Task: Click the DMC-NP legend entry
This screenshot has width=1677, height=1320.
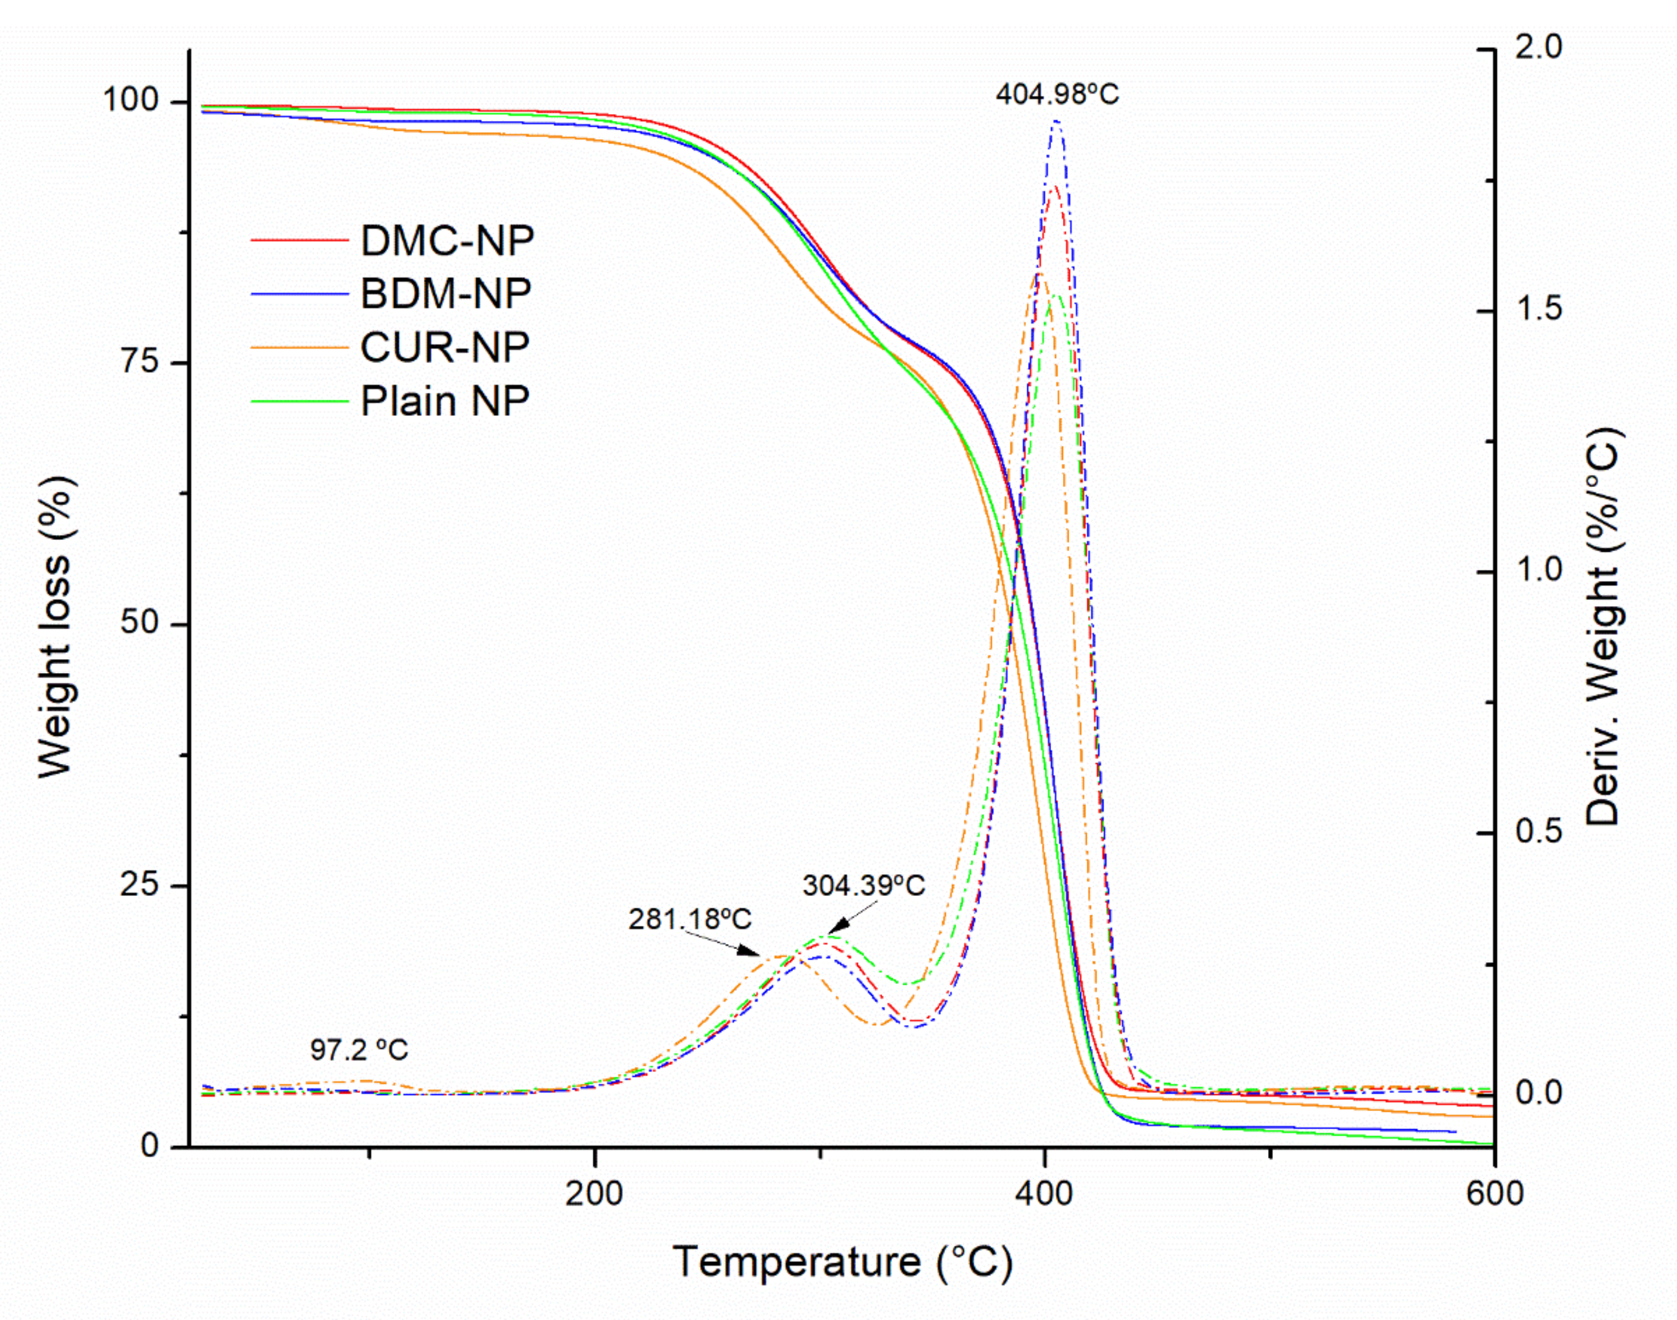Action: click(x=447, y=241)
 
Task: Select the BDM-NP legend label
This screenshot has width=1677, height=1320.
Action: click(x=445, y=294)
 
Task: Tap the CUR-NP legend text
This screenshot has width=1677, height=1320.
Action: click(x=444, y=347)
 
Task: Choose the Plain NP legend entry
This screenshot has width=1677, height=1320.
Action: click(x=444, y=400)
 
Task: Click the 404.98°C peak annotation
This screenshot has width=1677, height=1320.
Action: click(x=1057, y=94)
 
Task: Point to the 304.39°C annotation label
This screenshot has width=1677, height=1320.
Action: click(x=863, y=885)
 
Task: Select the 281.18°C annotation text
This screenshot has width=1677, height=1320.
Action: click(x=690, y=920)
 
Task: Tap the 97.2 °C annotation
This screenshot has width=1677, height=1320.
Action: click(x=359, y=1050)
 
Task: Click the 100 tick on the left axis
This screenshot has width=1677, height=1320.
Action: click(x=130, y=101)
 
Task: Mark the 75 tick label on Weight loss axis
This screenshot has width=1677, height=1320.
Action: click(x=139, y=362)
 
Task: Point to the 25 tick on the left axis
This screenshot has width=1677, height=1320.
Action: click(x=139, y=885)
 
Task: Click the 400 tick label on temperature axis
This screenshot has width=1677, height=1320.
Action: click(x=1044, y=1194)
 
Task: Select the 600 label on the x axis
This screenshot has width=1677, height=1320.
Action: click(x=1494, y=1194)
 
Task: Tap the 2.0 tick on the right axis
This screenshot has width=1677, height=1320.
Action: click(x=1539, y=49)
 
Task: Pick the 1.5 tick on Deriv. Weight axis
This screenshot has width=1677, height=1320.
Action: click(x=1539, y=310)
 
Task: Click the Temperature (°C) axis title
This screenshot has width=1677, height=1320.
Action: click(x=842, y=1262)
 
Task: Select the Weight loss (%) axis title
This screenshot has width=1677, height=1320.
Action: click(x=55, y=626)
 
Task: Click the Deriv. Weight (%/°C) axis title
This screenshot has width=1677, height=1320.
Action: click(x=1604, y=626)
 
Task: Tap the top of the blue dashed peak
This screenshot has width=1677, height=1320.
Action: click(x=1055, y=122)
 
